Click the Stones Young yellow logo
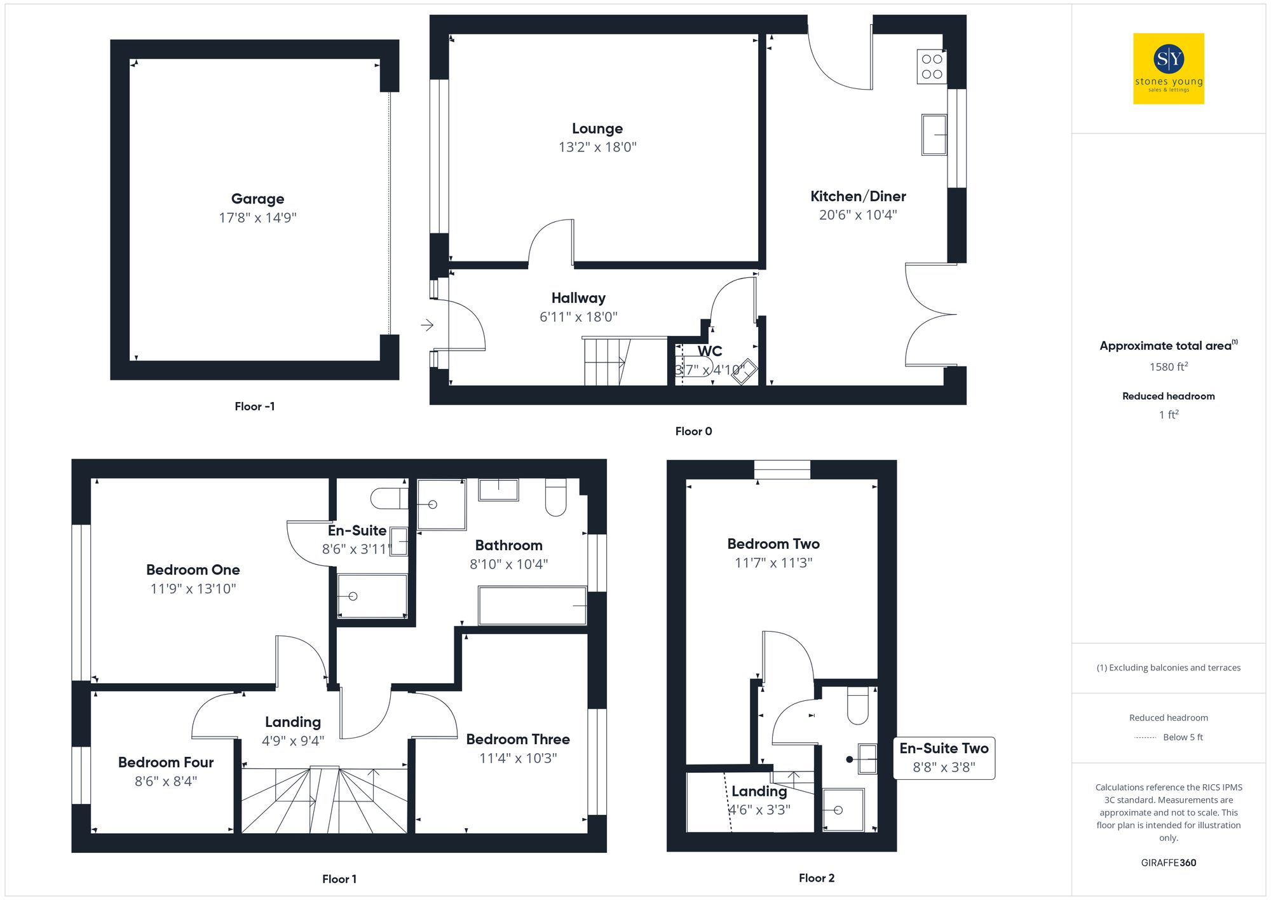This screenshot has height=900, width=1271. tap(1168, 68)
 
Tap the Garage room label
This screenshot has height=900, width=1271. tap(257, 199)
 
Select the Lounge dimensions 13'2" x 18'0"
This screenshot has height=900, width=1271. tap(597, 148)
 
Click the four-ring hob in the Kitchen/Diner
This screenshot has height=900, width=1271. tap(932, 67)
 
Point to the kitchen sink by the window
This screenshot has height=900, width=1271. tap(934, 134)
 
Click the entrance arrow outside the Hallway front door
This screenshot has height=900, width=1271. tap(427, 325)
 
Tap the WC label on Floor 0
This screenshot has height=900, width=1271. tap(710, 351)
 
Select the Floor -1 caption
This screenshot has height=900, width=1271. tap(254, 406)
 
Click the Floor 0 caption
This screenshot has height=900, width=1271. tap(693, 431)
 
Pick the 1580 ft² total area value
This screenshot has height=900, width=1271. tap(1168, 367)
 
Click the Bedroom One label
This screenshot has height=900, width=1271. tap(193, 570)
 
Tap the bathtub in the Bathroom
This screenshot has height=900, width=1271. tap(532, 606)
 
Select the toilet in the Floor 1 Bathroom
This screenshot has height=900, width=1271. tap(555, 497)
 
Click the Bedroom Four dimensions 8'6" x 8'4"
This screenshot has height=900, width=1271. tap(166, 781)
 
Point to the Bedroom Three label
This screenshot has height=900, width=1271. tap(518, 739)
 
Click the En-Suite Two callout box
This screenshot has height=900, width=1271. tap(944, 758)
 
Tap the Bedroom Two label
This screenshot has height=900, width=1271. tap(773, 544)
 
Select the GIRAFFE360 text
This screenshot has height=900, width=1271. tap(1168, 863)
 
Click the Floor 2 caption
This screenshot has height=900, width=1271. tap(817, 878)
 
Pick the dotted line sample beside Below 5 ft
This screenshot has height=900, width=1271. tap(1145, 738)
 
